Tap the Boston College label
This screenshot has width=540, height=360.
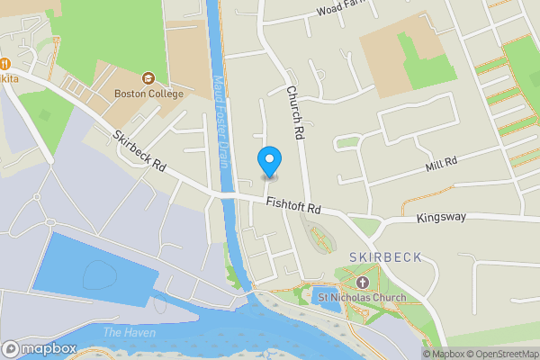tap(148, 94)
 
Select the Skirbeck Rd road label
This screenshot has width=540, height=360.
tap(140, 152)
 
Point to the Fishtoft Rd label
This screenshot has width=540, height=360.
tap(293, 206)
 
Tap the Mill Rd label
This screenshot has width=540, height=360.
tap(442, 162)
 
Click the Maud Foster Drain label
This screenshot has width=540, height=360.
tap(219, 121)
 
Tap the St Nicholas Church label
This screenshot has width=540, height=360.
tap(358, 297)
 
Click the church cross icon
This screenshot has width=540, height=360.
tap(369, 280)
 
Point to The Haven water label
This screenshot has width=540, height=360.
tap(129, 333)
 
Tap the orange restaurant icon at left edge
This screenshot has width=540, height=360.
tap(4, 64)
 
